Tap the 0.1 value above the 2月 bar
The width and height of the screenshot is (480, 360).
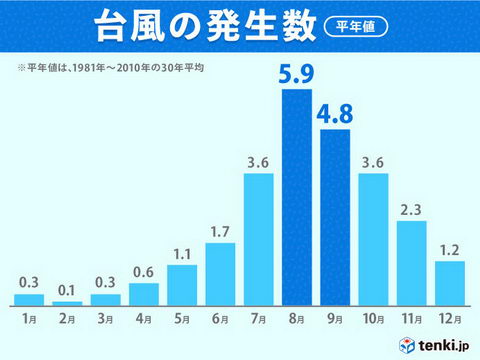[x=67, y=291]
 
